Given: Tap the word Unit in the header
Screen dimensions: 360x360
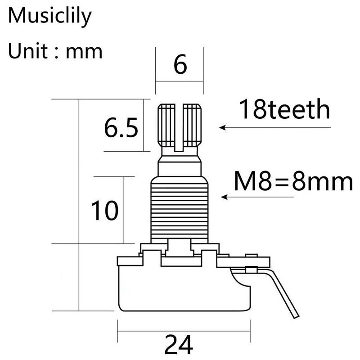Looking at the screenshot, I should (27, 51).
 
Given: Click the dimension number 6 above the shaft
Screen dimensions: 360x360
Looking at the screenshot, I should (180, 66).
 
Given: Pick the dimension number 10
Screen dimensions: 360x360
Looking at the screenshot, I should (104, 210).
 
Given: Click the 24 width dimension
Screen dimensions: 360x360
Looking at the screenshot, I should (178, 345).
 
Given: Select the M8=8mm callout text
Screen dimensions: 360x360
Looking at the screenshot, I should (293, 182).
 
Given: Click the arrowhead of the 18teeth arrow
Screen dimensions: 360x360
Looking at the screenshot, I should (222, 127).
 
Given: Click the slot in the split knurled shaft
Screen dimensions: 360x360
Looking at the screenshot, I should (180, 126).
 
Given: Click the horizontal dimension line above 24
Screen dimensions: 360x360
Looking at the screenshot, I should (180, 332).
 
